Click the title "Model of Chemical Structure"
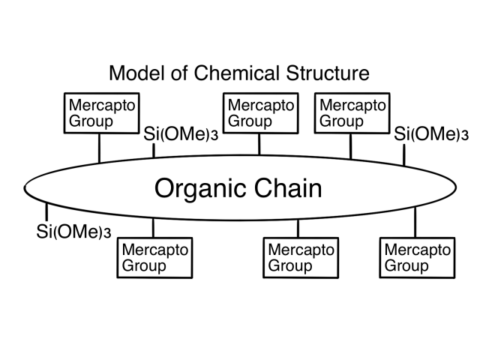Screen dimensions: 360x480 tap(239, 74)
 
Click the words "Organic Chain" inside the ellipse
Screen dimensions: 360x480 tap(238, 188)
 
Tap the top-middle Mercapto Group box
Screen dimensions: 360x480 tap(259, 113)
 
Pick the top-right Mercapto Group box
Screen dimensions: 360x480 tap(351, 113)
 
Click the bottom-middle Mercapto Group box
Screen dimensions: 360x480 tap(298, 256)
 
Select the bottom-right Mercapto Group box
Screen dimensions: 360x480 tap(416, 256)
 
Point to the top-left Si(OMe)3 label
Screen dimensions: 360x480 tap(179, 135)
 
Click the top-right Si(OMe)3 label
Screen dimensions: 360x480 tap(431, 135)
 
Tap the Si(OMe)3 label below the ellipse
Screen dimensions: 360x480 tap(73, 232)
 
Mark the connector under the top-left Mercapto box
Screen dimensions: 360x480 tap(99, 147)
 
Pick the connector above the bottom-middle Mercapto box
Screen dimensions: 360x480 tap(298, 229)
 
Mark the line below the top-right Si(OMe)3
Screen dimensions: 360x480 tap(403, 154)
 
